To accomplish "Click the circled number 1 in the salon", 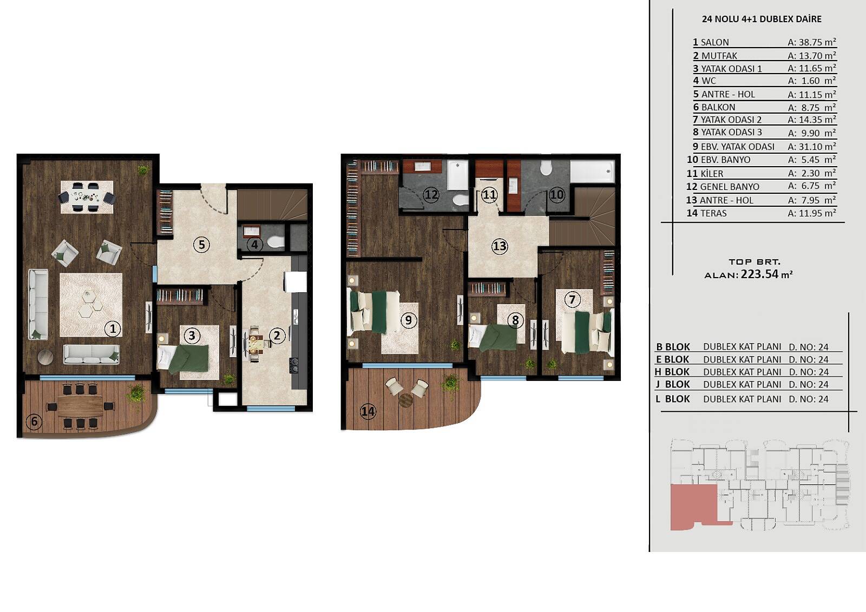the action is [113, 329].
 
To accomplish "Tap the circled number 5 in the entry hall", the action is [201, 245].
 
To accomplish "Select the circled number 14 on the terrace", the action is [368, 411].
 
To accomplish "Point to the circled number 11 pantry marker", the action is [489, 195].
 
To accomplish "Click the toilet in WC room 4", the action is [275, 242].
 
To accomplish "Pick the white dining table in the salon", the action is [87, 197].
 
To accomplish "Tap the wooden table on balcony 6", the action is [81, 406].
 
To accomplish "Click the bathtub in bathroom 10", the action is [592, 171].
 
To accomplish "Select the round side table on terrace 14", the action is [406, 400].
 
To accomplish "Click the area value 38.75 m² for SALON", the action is [812, 42].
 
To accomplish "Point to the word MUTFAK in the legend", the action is [719, 56].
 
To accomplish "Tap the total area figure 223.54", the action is [759, 274].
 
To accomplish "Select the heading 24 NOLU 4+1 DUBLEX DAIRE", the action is [762, 19].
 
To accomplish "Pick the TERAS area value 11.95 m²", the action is [812, 213].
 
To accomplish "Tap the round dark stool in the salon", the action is [45, 357].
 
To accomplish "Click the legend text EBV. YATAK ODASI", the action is [738, 147].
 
